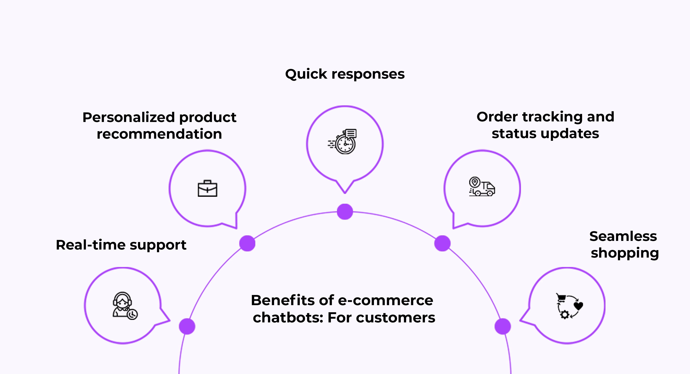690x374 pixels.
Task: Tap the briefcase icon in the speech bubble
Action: point(207,189)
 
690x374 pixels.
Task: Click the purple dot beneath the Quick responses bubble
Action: point(345,212)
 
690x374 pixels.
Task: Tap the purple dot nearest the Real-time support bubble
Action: point(187,326)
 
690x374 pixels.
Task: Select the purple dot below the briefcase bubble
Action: point(247,243)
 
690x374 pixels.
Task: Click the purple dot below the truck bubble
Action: point(442,243)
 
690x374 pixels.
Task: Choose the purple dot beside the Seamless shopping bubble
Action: point(503,326)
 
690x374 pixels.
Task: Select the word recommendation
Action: point(159,134)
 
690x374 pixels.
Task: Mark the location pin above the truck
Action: point(475,182)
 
